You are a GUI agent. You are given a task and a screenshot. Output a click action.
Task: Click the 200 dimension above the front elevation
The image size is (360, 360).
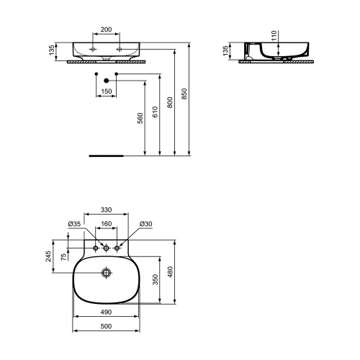tap(107, 31)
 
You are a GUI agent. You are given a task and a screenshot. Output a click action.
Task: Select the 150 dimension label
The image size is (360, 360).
tap(107, 91)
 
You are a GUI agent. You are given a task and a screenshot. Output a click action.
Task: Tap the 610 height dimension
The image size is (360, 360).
tap(156, 114)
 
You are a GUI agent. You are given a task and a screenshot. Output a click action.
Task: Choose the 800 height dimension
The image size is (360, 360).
tap(171, 102)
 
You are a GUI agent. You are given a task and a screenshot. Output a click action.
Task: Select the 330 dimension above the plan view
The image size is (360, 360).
tap(106, 210)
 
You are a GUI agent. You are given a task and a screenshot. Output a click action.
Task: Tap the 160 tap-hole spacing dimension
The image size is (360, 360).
tap(106, 224)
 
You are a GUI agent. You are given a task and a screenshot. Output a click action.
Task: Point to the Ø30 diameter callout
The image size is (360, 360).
tap(145, 224)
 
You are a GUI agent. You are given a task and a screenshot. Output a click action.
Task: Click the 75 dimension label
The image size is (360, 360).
tap(64, 256)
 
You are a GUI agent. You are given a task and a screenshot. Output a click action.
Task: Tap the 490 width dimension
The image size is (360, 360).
tap(106, 312)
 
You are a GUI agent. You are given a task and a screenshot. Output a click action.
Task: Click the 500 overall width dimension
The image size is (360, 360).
tap(106, 327)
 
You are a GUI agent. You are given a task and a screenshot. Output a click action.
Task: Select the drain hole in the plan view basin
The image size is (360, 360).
tap(107, 273)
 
